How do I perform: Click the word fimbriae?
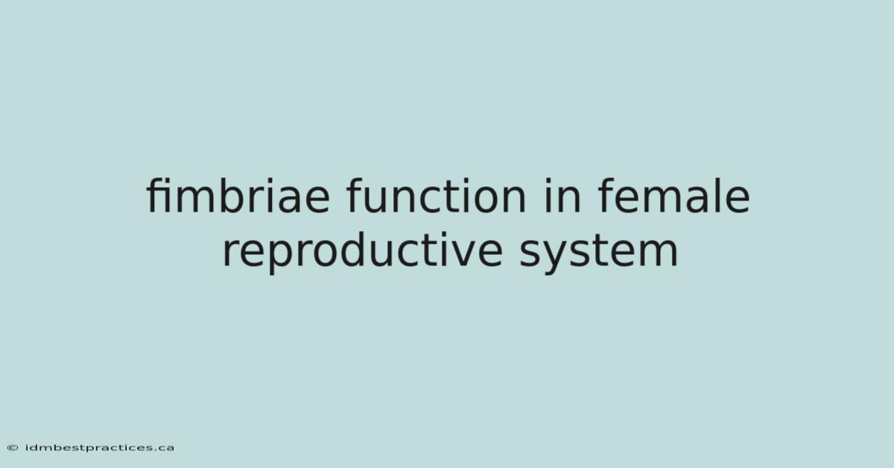coord(238,195)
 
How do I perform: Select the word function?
coord(437,195)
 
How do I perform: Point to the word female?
coord(674,195)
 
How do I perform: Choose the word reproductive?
coord(362,252)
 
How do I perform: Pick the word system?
coord(599,252)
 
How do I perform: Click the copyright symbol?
coord(13,448)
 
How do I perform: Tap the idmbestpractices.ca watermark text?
coord(100,448)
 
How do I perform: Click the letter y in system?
coord(558,255)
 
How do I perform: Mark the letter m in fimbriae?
coord(194,198)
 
